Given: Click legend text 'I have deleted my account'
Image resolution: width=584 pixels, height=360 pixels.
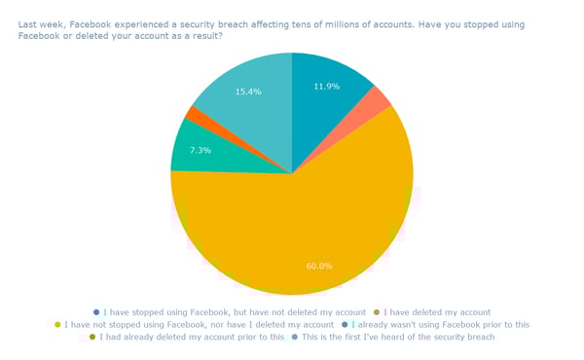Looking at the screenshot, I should tap(435, 312).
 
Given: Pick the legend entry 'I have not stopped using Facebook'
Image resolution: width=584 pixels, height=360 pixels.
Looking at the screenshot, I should tap(200, 324).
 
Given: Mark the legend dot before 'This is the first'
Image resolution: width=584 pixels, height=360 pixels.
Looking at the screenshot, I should tap(296, 337).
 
